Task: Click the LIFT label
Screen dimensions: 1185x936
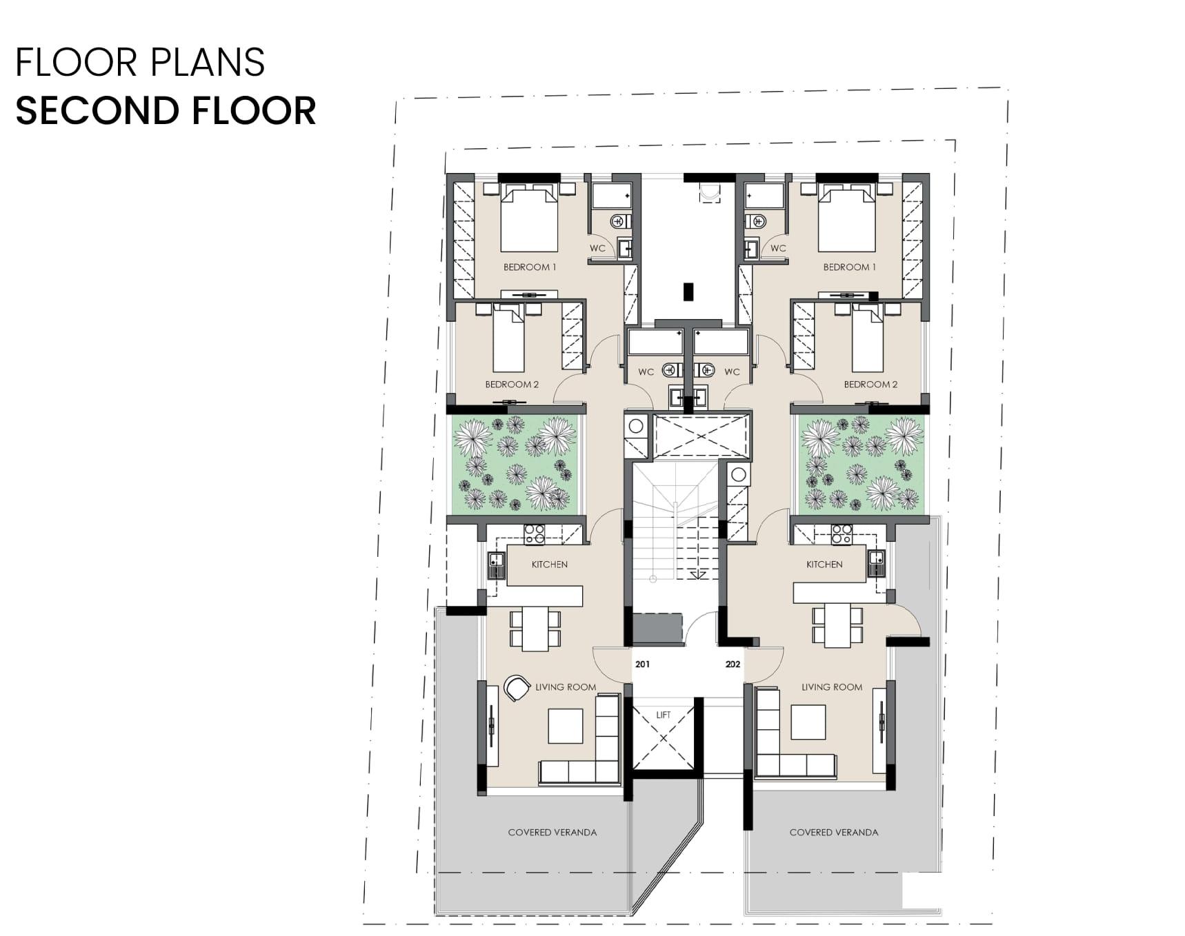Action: pos(663,715)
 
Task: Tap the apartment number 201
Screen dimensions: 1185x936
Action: pos(642,664)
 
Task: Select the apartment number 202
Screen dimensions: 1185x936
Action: pos(733,664)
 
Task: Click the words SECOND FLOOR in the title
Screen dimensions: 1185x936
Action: pos(166,110)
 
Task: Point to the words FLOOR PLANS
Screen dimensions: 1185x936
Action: pos(140,62)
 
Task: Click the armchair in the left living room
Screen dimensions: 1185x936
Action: pos(516,687)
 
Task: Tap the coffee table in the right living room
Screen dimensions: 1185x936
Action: pos(808,722)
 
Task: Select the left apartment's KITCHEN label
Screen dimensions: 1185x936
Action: pos(550,564)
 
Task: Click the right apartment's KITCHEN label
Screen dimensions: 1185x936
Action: pos(824,564)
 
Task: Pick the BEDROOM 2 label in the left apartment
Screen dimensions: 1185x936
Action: pos(512,385)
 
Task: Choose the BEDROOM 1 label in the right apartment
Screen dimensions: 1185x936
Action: pos(849,267)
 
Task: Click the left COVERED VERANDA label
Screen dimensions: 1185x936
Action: pos(552,833)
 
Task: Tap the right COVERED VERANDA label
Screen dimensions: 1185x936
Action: pos(834,833)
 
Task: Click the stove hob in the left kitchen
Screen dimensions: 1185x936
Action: pos(535,534)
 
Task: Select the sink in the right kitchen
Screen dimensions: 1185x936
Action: pos(876,564)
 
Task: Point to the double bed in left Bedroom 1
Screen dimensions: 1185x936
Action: pos(528,218)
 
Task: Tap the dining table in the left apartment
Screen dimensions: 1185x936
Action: pos(535,629)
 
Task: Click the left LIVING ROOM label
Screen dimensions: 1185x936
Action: pos(566,687)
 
